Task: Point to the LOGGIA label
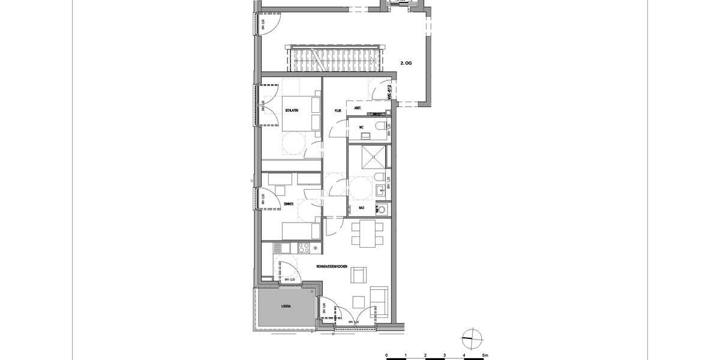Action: (286, 306)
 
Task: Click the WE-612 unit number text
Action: (389, 91)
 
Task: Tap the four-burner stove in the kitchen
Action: (304, 247)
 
